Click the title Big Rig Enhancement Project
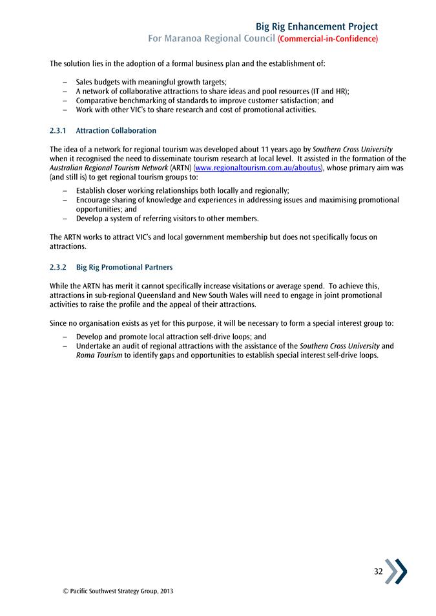click(317, 26)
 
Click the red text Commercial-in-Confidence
click(327, 39)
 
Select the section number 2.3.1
click(58, 131)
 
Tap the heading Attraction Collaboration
click(116, 131)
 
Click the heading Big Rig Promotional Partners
click(124, 267)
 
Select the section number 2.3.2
click(58, 267)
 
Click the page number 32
click(378, 572)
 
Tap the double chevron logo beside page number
click(397, 571)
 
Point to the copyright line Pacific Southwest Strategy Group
click(113, 591)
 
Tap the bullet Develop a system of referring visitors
click(167, 219)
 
